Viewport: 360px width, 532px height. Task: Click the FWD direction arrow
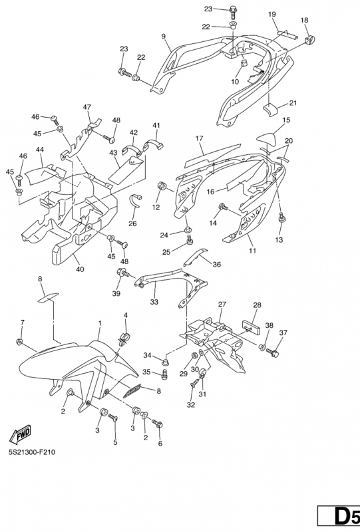pyautogui.click(x=21, y=435)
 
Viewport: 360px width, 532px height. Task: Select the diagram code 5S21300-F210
pyautogui.click(x=29, y=452)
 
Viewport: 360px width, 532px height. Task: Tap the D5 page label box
pyautogui.click(x=339, y=515)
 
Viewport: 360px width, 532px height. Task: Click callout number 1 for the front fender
pyautogui.click(x=100, y=323)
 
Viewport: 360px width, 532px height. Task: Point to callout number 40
pyautogui.click(x=80, y=269)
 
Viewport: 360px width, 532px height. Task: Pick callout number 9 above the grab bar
pyautogui.click(x=163, y=36)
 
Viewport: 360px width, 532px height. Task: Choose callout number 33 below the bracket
pyautogui.click(x=154, y=302)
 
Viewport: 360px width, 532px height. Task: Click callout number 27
pyautogui.click(x=222, y=305)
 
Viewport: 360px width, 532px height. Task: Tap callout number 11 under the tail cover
pyautogui.click(x=252, y=251)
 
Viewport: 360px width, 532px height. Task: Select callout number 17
pyautogui.click(x=200, y=138)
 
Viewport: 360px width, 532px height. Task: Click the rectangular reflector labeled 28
pyautogui.click(x=251, y=326)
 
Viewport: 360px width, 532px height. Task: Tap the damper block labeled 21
pyautogui.click(x=271, y=109)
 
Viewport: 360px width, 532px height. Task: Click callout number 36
pyautogui.click(x=216, y=264)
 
